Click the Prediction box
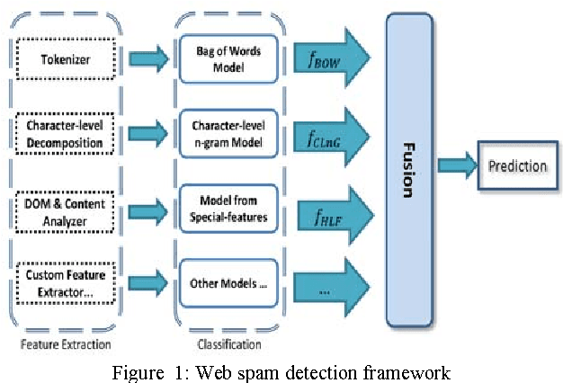pos(516,166)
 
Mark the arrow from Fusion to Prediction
pos(458,166)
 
